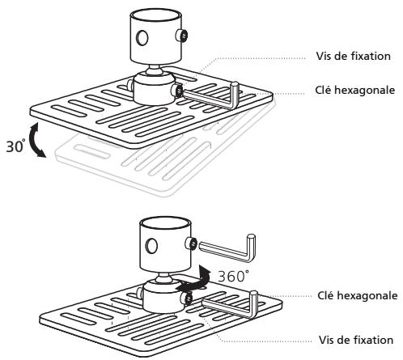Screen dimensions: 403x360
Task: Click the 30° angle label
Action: click(x=15, y=146)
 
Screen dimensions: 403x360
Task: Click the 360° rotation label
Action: click(x=233, y=276)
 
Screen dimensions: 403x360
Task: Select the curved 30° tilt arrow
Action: click(x=36, y=140)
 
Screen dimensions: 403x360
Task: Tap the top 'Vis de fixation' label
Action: click(x=354, y=56)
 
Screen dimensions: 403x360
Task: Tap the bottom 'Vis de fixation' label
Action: click(x=356, y=340)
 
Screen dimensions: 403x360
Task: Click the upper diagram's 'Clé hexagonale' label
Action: click(x=354, y=90)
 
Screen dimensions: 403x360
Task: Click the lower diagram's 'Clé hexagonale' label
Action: click(x=358, y=295)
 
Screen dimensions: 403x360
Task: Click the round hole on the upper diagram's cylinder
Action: click(x=142, y=37)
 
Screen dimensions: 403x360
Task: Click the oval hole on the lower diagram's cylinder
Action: click(x=151, y=246)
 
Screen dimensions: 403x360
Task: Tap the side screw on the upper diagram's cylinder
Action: click(x=182, y=35)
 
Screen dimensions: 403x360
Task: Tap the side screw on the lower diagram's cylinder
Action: click(x=191, y=244)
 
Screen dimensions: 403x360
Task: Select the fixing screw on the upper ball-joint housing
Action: click(x=177, y=91)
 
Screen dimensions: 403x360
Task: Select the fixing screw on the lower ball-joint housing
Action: click(x=187, y=299)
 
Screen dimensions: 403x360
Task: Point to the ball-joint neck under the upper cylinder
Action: click(x=155, y=69)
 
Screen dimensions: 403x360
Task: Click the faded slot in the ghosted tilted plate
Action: click(x=92, y=152)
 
